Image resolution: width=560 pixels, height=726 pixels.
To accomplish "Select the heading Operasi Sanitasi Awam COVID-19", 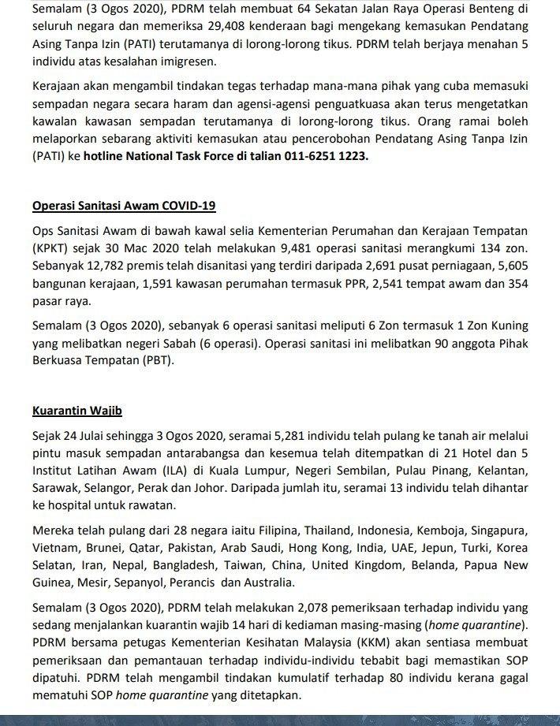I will pos(124,207).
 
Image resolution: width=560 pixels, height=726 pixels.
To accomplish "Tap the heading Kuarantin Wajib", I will pos(77,411).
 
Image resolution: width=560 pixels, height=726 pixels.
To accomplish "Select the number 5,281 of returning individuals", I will pos(270,436).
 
